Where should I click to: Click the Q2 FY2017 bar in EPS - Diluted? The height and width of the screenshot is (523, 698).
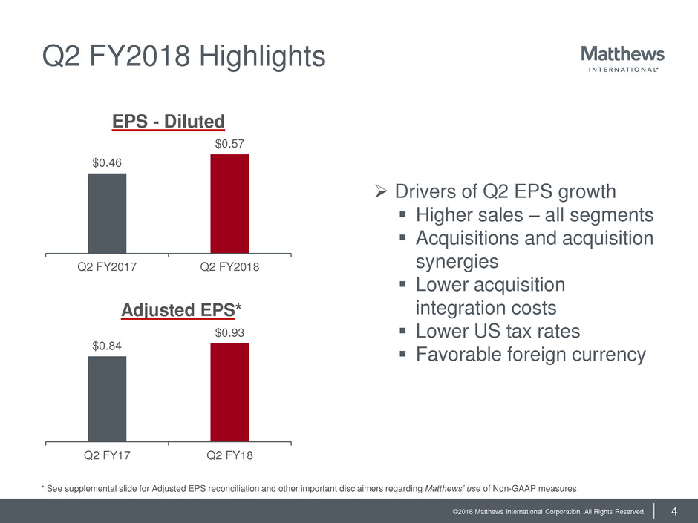click(x=107, y=213)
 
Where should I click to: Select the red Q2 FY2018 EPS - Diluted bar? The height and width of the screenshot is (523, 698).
click(x=229, y=203)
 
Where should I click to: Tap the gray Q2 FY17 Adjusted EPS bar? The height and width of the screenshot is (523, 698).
click(x=107, y=398)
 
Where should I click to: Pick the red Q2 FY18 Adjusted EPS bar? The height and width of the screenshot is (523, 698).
click(x=229, y=392)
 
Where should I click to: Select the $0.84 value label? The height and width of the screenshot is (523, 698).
click(x=107, y=344)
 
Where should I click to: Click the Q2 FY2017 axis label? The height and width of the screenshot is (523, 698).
click(x=107, y=268)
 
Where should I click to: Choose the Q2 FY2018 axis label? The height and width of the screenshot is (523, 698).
click(x=230, y=268)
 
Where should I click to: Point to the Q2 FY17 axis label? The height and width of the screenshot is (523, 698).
click(x=107, y=455)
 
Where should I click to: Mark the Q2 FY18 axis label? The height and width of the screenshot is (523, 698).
click(x=230, y=455)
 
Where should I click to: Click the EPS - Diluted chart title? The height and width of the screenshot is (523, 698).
click(x=169, y=120)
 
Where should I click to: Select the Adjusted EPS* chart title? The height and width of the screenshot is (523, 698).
click(x=169, y=310)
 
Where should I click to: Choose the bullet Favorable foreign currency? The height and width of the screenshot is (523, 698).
click(x=531, y=355)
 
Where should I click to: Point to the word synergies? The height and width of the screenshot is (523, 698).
click(x=457, y=262)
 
